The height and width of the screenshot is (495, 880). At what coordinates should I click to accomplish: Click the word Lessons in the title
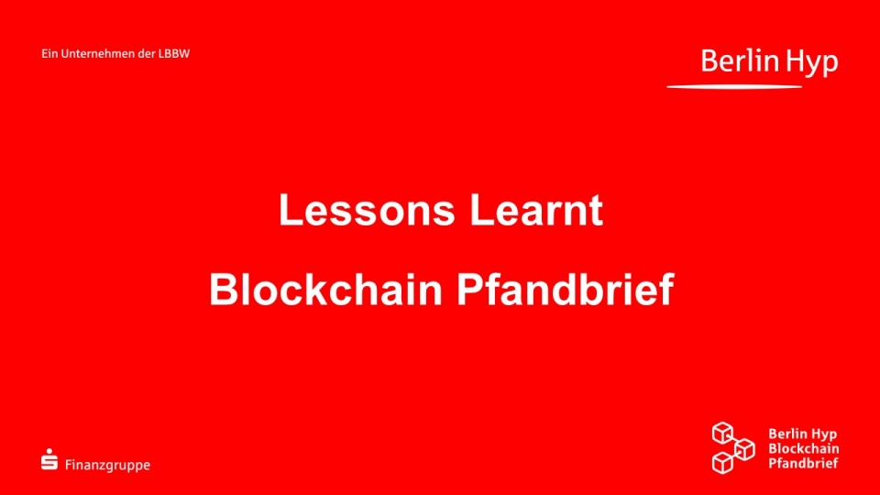point(367,210)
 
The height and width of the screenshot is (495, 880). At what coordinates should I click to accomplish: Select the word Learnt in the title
point(536,210)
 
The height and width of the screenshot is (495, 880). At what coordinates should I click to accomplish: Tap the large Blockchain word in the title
point(325,290)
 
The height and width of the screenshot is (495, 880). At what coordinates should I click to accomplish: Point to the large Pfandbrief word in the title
point(565,290)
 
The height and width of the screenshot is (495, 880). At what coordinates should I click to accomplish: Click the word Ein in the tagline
point(49,54)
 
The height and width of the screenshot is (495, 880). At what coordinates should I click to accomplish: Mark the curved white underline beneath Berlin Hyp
point(734,86)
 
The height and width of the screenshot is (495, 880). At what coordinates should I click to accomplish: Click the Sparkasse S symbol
point(49,459)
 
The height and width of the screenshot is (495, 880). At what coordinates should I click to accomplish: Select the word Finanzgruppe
point(108,466)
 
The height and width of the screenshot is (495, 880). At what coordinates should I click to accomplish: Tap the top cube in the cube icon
point(723,433)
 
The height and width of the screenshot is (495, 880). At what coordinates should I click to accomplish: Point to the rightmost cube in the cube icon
point(744,449)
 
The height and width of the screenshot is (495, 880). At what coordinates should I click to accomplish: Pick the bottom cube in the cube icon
point(723,463)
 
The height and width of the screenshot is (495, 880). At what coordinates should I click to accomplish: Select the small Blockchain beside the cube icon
point(804,448)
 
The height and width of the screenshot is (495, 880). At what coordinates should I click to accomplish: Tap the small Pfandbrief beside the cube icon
point(803,463)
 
